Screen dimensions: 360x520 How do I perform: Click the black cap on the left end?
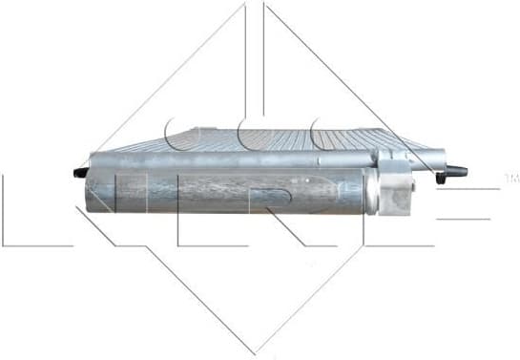click(77, 174)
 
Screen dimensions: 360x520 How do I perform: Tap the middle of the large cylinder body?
click(229, 192)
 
